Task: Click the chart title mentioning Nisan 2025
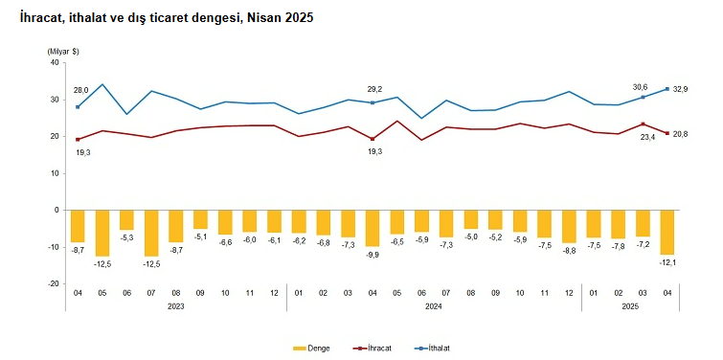click(x=167, y=18)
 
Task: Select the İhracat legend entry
click(x=372, y=349)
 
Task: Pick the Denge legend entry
click(x=311, y=349)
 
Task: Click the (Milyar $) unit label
click(x=62, y=52)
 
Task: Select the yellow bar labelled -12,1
click(x=667, y=233)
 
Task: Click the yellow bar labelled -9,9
click(x=373, y=228)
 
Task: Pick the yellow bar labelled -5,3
click(x=126, y=220)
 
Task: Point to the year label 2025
click(x=630, y=305)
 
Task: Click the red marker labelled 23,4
click(x=643, y=124)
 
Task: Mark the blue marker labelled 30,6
click(x=643, y=98)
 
